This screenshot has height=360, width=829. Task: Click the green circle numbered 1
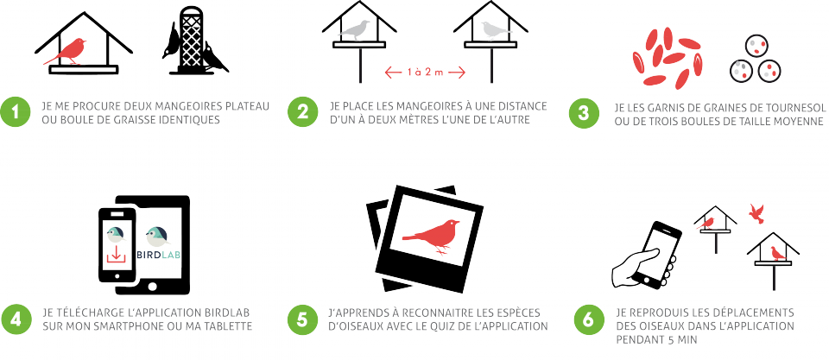(x=16, y=111)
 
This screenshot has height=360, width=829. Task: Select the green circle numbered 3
(x=583, y=113)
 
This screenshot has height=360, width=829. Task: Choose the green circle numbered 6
(x=587, y=319)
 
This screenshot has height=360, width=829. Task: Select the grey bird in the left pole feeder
(x=355, y=31)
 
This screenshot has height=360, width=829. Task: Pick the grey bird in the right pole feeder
(x=490, y=31)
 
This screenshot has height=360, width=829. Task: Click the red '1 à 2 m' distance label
(x=425, y=73)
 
